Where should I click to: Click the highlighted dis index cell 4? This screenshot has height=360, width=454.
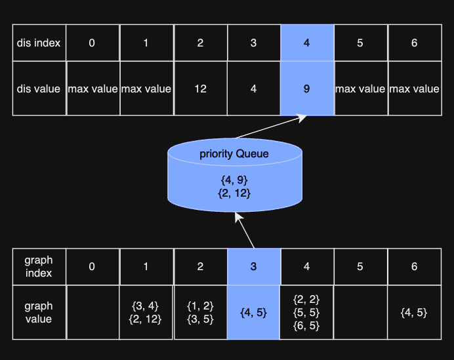point(307,43)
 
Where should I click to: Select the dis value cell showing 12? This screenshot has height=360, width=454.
point(200,89)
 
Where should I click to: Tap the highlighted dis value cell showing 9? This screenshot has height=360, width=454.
point(307,89)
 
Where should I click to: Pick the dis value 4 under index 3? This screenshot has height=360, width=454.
point(253,89)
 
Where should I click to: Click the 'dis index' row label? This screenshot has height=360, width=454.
point(39,43)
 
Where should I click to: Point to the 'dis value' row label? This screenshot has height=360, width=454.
point(39,89)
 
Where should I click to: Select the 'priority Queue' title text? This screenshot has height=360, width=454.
point(234,154)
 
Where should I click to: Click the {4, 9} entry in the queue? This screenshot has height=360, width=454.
point(234,179)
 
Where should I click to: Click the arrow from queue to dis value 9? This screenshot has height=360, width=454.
point(270,127)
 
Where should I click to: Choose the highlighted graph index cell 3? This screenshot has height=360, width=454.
point(253,266)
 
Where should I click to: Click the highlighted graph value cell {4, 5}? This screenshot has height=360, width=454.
point(253,313)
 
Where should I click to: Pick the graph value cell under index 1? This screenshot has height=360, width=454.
point(146,313)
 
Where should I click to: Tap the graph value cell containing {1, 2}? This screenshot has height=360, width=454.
point(200,313)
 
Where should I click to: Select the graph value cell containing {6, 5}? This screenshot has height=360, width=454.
point(307,313)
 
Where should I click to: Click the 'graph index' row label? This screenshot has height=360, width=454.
point(39,266)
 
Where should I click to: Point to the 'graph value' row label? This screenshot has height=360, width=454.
point(39,313)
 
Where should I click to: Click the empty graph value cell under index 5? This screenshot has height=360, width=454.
point(360,313)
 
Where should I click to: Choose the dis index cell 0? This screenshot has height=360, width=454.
point(92,43)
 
